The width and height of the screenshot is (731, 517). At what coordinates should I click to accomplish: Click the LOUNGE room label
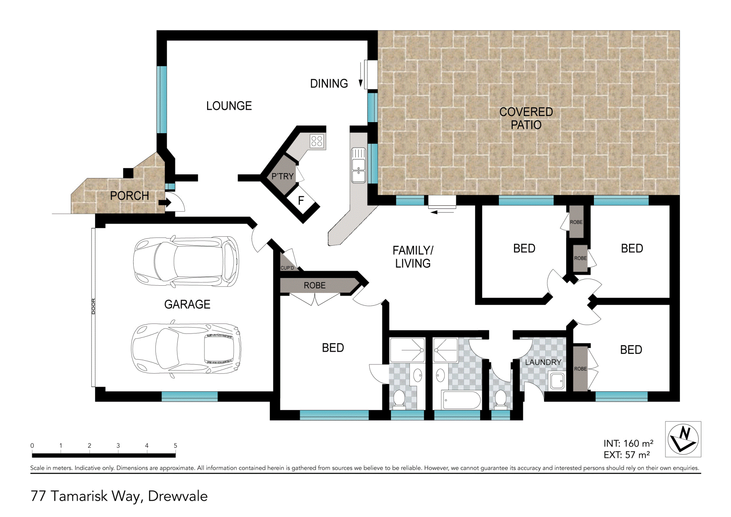tap(229, 106)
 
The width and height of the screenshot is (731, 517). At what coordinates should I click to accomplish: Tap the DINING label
tap(329, 84)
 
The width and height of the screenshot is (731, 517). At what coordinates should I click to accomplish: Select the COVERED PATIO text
tap(526, 118)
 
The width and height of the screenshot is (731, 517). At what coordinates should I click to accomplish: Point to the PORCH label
tap(129, 196)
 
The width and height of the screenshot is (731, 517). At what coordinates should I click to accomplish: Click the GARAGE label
tap(187, 304)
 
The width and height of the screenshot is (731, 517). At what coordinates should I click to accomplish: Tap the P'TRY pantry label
tap(283, 177)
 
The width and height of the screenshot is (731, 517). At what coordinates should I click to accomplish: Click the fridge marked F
tap(301, 200)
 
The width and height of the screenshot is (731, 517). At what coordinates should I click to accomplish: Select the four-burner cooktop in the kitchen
tap(317, 141)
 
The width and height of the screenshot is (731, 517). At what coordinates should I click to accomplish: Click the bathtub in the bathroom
tap(461, 400)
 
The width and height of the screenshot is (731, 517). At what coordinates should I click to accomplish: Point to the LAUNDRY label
tap(543, 362)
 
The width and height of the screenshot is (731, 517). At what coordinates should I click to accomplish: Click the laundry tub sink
tap(557, 381)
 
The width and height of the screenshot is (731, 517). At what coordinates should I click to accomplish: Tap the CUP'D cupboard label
tap(287, 268)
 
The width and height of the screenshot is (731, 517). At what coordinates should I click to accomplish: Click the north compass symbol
tap(683, 439)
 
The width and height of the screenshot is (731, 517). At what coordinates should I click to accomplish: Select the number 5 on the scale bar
tap(176, 445)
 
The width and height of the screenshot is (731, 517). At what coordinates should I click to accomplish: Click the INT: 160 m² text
tap(628, 444)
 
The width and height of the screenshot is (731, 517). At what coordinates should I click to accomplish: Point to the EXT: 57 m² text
tap(627, 455)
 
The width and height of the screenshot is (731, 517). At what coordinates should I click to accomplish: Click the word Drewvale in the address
tap(178, 496)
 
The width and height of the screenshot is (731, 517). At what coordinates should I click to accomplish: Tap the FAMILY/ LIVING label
tap(413, 257)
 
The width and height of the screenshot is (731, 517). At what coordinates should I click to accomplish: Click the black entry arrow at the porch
tap(165, 202)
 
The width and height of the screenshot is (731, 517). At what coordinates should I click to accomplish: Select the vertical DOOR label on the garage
tap(93, 306)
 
